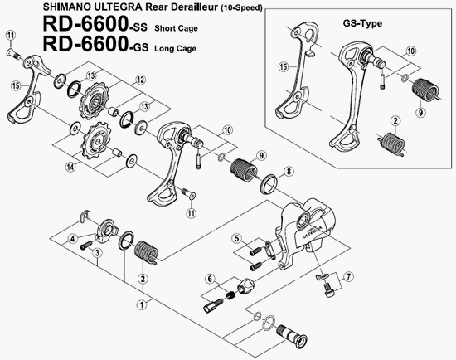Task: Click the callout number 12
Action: tap(140, 80)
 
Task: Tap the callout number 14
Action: tap(70, 167)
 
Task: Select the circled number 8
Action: tap(289, 172)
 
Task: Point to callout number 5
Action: tap(237, 239)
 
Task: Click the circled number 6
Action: tap(210, 279)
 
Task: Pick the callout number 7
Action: tap(348, 276)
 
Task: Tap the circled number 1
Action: tap(142, 305)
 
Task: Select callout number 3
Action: tap(97, 253)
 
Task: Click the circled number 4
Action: tap(72, 239)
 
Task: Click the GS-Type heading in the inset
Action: tap(362, 23)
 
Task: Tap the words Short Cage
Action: tap(176, 28)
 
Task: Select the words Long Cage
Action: tap(175, 48)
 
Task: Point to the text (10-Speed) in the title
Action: tap(241, 7)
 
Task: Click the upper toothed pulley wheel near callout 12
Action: tap(94, 100)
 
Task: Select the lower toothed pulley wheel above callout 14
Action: tap(97, 141)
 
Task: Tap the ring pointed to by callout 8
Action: tap(269, 183)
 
